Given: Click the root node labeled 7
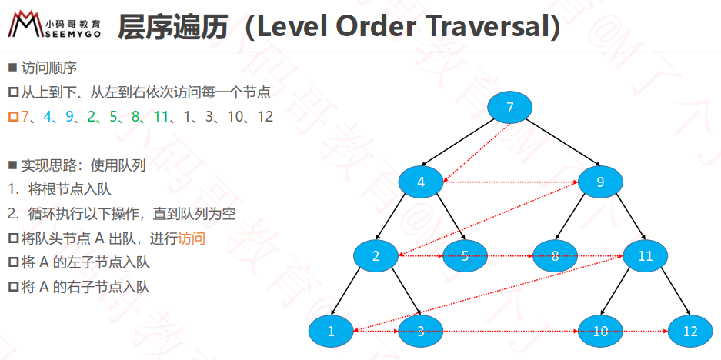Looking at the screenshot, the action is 509,108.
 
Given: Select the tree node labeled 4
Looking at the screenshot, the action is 421,182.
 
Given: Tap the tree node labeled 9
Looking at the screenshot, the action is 600,182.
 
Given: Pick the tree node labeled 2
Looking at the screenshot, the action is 376,255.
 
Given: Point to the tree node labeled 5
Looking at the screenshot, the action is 466,255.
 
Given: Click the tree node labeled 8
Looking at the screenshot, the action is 555,255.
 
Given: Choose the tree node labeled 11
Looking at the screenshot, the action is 645,255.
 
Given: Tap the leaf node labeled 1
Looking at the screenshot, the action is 331,331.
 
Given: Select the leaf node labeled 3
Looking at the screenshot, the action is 421,331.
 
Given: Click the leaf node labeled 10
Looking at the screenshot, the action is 600,331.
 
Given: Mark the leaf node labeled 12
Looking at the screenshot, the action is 690,331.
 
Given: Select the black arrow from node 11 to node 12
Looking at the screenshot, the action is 676,292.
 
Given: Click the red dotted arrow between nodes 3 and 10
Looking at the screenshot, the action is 511,331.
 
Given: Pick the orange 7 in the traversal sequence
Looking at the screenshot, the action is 25,117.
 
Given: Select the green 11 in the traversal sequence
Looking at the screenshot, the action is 161,117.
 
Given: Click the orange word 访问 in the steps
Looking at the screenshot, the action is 192,239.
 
